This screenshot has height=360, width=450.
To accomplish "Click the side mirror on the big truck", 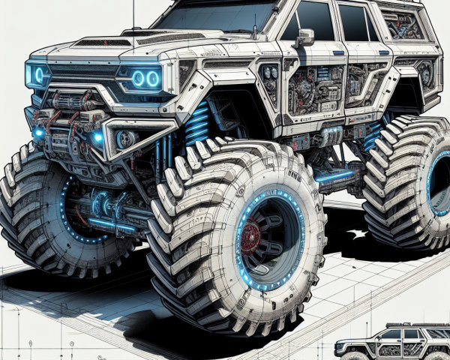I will (304, 37).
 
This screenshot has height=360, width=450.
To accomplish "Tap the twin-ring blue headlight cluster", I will (145, 79).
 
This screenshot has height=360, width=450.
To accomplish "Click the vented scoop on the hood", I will (150, 37).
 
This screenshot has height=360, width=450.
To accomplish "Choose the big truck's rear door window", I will (356, 22).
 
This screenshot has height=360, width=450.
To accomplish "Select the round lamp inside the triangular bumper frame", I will (126, 139).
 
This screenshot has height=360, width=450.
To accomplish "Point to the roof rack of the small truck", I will (405, 327).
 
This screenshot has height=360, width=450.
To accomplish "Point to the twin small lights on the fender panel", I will (269, 75).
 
